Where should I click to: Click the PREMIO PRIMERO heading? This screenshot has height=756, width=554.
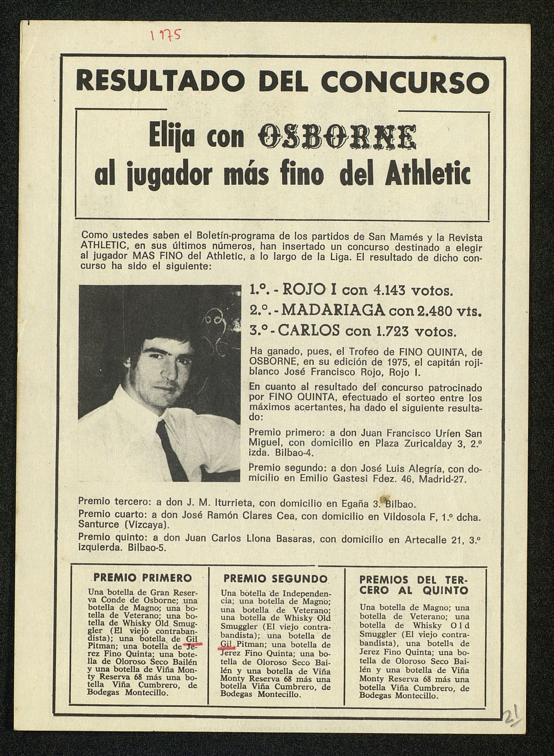(142, 578)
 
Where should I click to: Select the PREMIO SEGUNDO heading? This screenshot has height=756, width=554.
(275, 579)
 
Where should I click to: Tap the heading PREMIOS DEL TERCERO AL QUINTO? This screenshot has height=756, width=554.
(414, 585)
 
